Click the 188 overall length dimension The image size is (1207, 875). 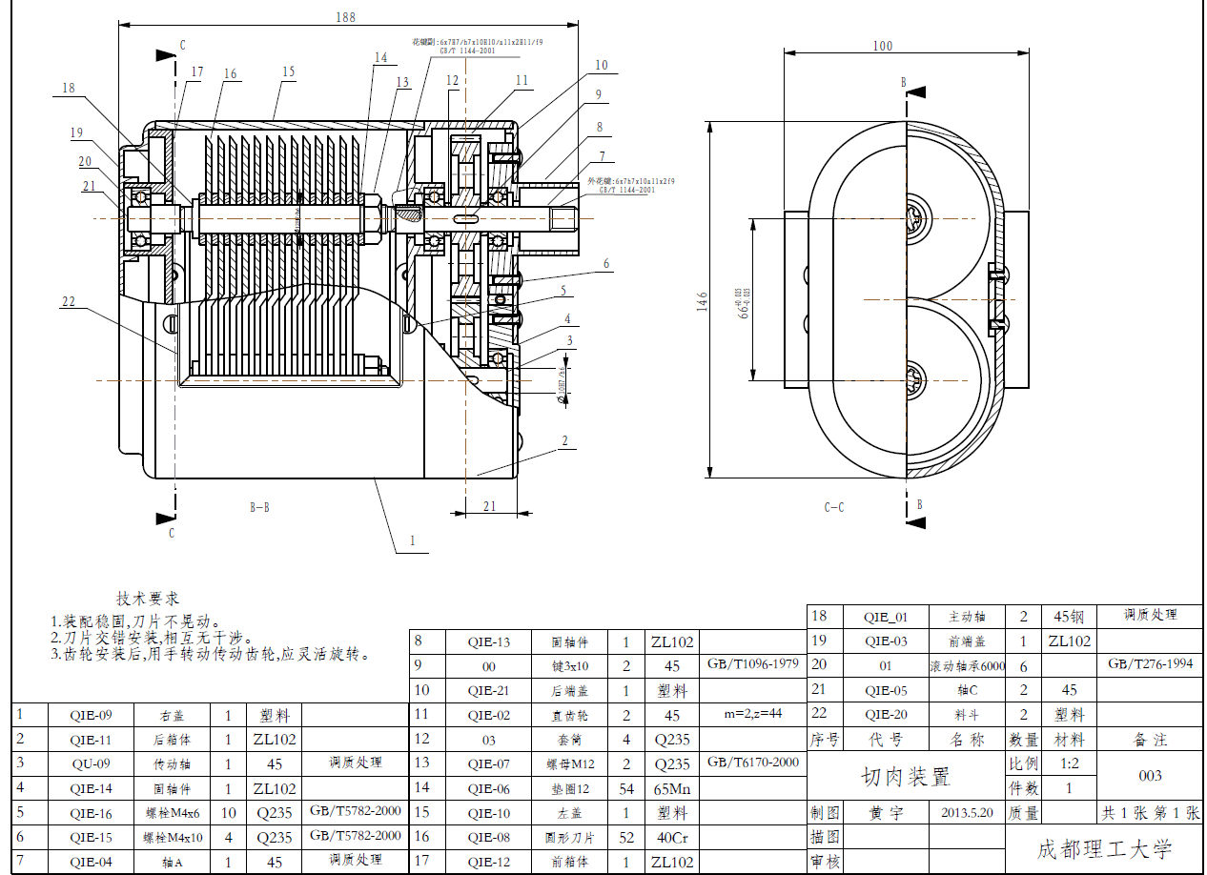tap(345, 17)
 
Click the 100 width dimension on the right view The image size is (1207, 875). tap(882, 45)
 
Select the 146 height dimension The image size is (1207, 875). tap(703, 302)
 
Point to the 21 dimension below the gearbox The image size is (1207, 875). tap(490, 506)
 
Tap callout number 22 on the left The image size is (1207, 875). tap(68, 302)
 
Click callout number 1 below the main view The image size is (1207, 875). tap(412, 540)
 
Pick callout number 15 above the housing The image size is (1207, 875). tap(288, 71)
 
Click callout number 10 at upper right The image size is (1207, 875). tap(601, 66)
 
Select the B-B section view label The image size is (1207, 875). tap(259, 508)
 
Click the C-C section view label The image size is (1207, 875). tap(833, 508)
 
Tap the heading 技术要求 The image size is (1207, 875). tap(148, 599)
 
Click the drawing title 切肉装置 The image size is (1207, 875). tap(906, 777)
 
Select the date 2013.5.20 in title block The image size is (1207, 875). tap(967, 813)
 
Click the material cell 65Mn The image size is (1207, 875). tap(672, 788)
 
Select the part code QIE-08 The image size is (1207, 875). tap(489, 838)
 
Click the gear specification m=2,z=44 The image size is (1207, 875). tap(753, 714)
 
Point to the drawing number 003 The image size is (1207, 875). tap(1151, 776)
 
